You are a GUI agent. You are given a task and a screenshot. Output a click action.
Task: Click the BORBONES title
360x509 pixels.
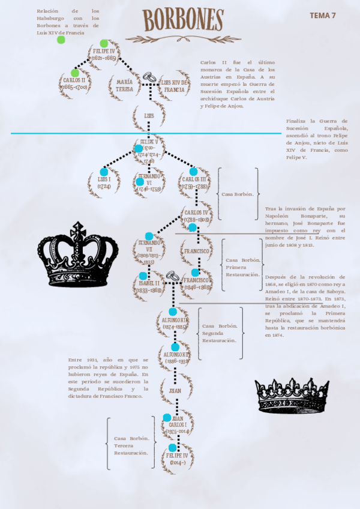click(x=183, y=20)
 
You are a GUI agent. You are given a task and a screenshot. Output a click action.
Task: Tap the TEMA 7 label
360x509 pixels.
click(x=323, y=16)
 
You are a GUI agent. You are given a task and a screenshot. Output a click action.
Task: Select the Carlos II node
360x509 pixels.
click(x=74, y=83)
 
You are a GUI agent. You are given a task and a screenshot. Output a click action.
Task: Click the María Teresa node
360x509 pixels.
click(x=125, y=85)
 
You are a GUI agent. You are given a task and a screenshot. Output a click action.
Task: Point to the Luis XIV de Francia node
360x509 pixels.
click(x=175, y=85)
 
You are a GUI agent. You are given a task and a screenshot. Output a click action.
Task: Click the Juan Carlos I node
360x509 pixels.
click(x=177, y=424)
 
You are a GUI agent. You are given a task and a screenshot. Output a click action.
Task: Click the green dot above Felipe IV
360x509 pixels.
click(x=104, y=43)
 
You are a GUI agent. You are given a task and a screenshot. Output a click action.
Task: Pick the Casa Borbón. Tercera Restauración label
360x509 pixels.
click(x=131, y=445)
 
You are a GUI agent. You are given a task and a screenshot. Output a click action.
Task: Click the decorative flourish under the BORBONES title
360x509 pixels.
click(x=183, y=39)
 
